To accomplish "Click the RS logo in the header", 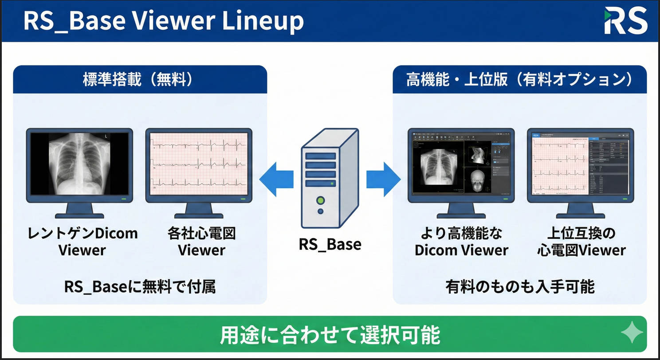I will (x=625, y=21).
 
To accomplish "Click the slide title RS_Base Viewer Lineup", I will (x=163, y=21).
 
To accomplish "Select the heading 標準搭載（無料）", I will (x=140, y=80).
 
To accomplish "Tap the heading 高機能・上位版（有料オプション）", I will (x=519, y=80).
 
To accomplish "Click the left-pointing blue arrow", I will (x=276, y=179).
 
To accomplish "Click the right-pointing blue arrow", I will (x=383, y=179).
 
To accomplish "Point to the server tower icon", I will (x=330, y=177).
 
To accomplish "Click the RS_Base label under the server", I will (x=329, y=243).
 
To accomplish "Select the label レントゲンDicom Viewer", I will (x=82, y=242).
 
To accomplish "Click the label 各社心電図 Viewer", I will (x=201, y=242).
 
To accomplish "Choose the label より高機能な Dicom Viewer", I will (x=461, y=242).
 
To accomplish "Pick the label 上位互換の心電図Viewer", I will (x=581, y=242).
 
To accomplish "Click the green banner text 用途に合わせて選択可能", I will (x=330, y=335).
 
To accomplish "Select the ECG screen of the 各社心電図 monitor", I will (x=199, y=163).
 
